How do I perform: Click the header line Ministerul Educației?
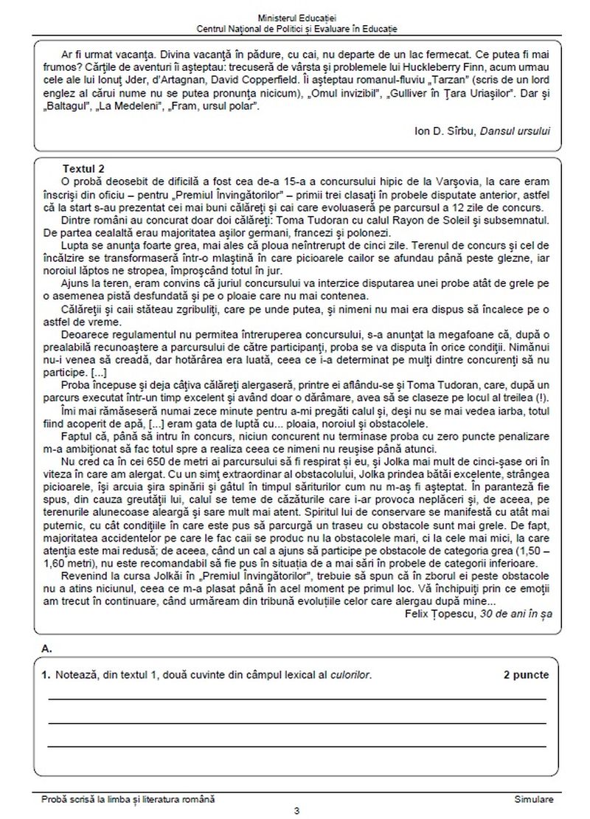(x=296, y=16)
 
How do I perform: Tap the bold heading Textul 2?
(x=84, y=167)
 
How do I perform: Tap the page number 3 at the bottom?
(x=296, y=811)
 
